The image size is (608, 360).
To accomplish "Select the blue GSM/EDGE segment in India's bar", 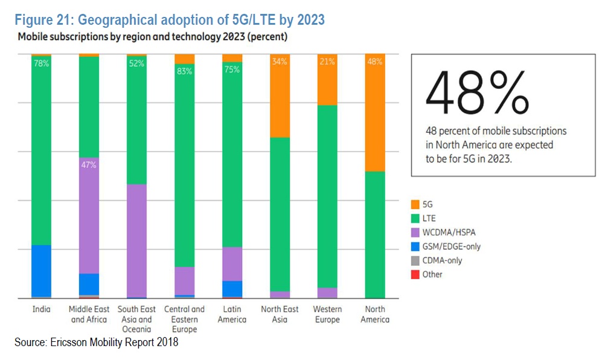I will (41, 271).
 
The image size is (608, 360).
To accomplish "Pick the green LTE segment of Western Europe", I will (327, 196).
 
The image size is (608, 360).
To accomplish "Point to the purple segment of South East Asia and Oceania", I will (136, 240).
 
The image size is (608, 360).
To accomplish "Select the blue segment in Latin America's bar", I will (232, 289).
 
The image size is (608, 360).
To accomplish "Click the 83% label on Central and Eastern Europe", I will (185, 71).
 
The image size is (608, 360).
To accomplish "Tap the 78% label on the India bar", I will (42, 63).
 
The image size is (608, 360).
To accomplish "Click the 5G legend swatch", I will (415, 205).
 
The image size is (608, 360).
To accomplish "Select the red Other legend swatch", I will (415, 274).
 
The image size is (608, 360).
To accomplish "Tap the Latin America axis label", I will (232, 314).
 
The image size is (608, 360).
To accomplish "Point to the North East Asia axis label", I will (280, 314).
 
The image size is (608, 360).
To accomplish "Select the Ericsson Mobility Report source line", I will (97, 343).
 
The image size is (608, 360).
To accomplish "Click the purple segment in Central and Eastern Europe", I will (185, 281).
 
